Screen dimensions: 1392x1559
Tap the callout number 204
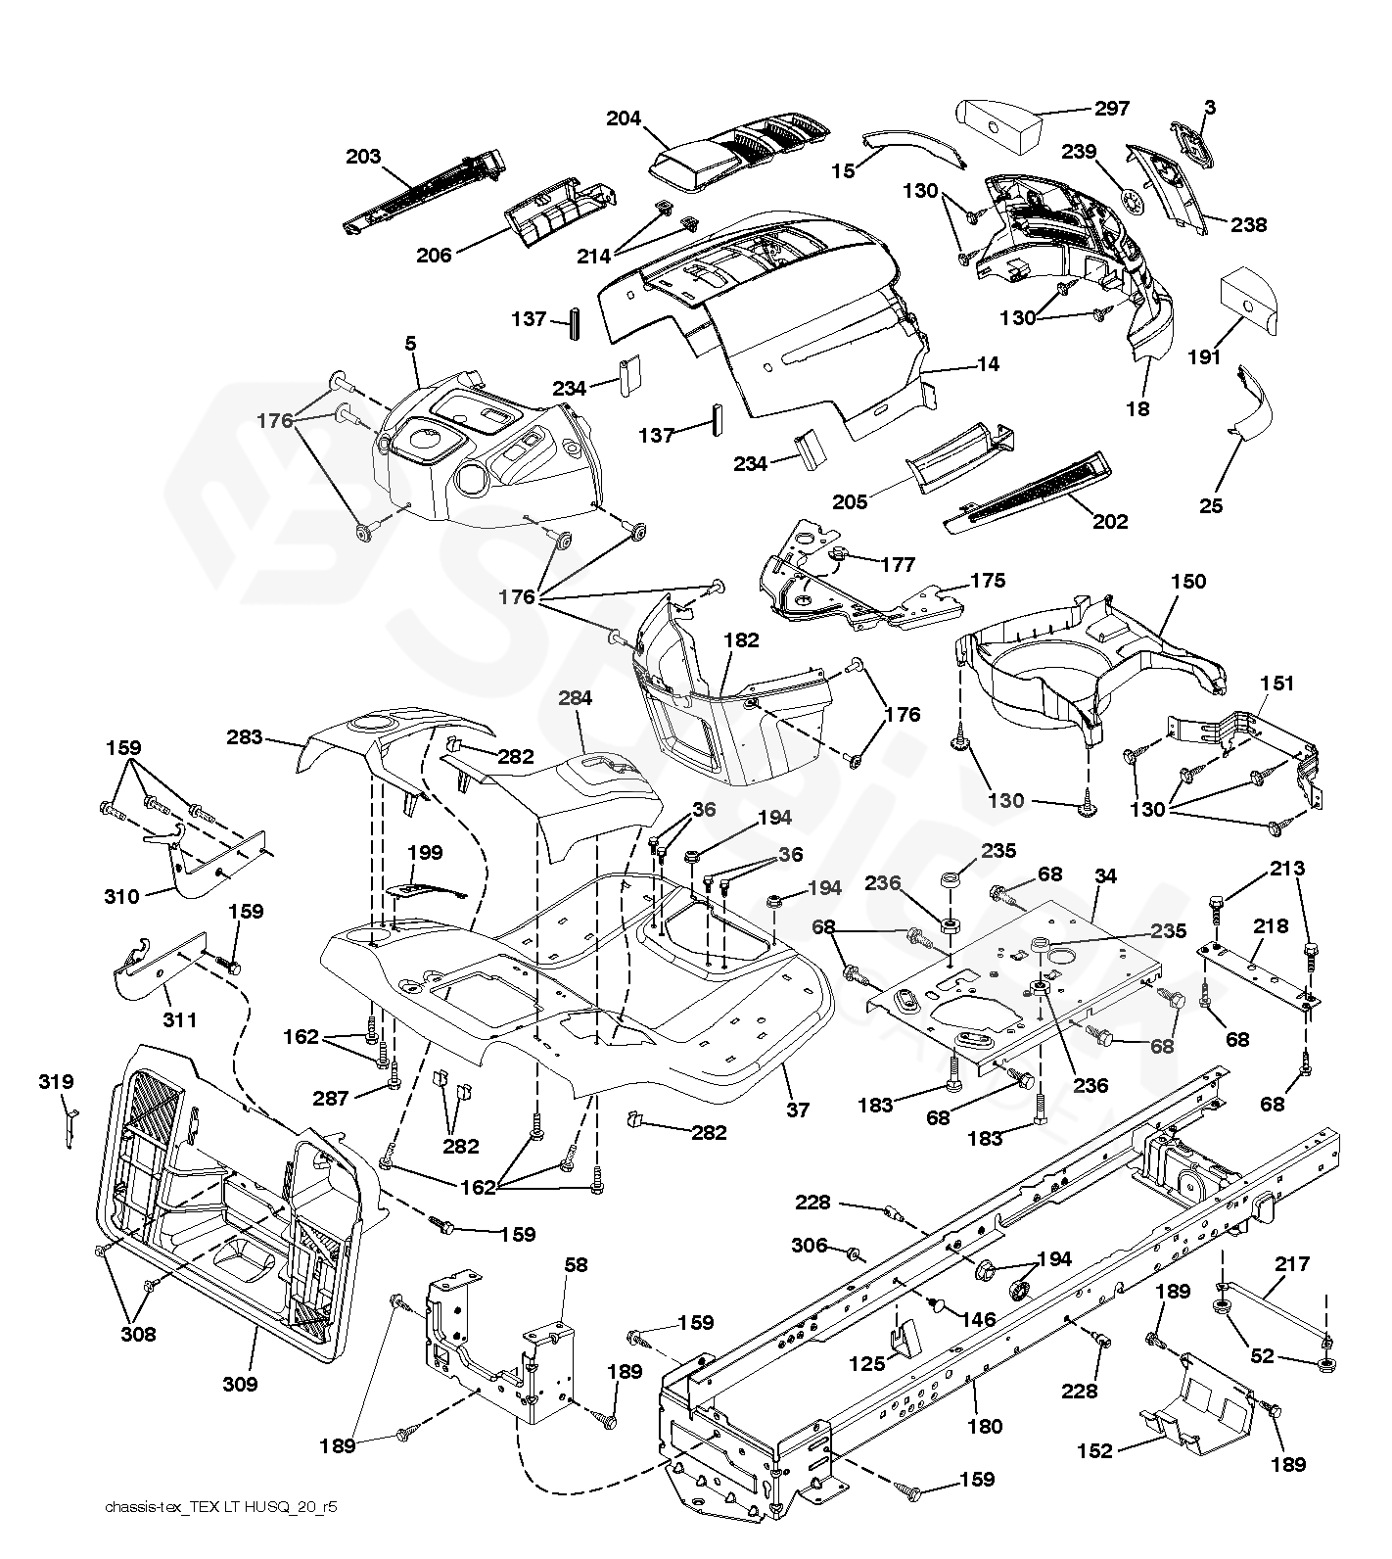tap(624, 118)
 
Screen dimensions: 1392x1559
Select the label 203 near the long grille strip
tap(363, 157)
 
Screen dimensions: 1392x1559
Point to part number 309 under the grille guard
tap(240, 1384)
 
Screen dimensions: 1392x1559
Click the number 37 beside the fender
tap(799, 1110)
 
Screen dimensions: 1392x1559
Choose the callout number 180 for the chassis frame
tap(985, 1427)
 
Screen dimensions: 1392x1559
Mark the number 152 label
tap(1094, 1450)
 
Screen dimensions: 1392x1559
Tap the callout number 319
tap(56, 1082)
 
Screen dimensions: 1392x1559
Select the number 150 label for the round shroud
tap(1188, 581)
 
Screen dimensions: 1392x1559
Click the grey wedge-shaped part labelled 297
tap(998, 122)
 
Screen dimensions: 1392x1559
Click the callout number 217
tap(1292, 1264)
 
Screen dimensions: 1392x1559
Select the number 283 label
tap(245, 737)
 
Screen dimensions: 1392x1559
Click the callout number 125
tap(866, 1362)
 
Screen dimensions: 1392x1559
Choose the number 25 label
tap(1211, 505)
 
